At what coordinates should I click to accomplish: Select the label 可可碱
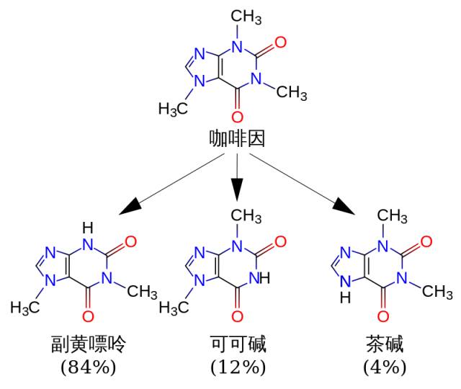[x=238, y=345]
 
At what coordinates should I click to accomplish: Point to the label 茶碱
[x=382, y=345]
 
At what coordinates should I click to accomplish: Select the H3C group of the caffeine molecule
[x=173, y=109]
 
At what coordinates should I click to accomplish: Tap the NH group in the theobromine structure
[x=266, y=276]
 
